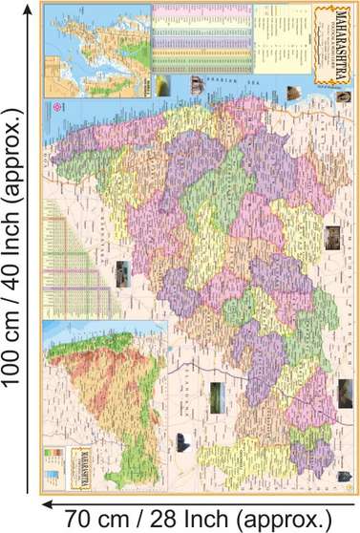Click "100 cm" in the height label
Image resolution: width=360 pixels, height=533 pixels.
pos(15,339)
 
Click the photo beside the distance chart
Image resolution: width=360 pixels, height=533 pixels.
pos(122,274)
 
